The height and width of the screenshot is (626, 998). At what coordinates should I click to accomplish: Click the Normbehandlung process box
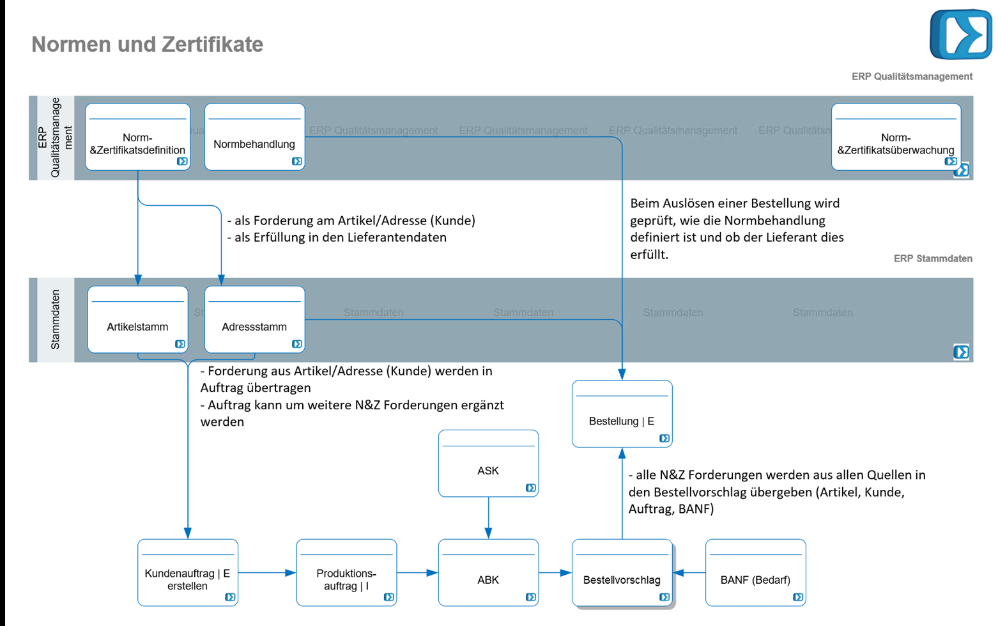point(254,137)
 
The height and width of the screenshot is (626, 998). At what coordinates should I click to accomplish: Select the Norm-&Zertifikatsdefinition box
point(137,137)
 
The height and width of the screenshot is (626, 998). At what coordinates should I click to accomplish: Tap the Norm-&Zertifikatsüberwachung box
point(896,137)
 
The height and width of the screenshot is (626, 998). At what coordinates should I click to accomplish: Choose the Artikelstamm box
point(137,319)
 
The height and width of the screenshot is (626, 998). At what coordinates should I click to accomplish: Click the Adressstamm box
point(254,319)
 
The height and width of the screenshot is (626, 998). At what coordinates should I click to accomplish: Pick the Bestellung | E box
point(622,414)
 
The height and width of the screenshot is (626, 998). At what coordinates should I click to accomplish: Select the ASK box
point(488,463)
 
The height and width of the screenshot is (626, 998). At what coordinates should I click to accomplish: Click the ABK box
point(488,572)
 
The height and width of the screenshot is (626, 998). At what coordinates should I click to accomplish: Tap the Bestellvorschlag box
point(622,572)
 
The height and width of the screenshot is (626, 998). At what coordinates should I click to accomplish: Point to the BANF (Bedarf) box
point(755,572)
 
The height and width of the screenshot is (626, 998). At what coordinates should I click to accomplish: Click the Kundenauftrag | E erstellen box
point(188,572)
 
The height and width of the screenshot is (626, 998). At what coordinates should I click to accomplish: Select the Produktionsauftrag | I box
point(346,572)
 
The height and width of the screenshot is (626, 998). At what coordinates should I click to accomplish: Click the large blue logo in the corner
point(960,35)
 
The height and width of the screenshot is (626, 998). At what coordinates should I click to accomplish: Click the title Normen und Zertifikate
point(147,44)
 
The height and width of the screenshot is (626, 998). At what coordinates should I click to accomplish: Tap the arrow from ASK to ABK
point(488,518)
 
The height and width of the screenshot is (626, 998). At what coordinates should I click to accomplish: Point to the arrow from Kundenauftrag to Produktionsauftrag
point(267,573)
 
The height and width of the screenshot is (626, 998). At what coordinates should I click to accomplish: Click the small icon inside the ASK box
point(530,488)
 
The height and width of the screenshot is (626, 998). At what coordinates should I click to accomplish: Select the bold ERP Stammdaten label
point(932,258)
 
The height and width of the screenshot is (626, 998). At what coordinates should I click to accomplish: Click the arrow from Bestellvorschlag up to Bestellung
point(622,492)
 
